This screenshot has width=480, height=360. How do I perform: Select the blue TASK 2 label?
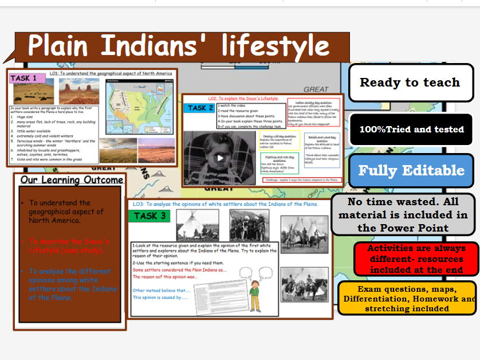click(200, 108)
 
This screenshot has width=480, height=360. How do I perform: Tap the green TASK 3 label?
click(149, 216)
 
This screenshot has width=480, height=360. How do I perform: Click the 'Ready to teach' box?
click(410, 83)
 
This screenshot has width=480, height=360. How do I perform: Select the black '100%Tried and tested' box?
click(411, 130)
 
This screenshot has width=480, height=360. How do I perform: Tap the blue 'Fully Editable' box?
click(411, 170)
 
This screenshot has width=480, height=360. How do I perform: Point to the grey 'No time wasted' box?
click(403, 214)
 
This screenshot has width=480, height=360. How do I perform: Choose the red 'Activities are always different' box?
click(415, 259)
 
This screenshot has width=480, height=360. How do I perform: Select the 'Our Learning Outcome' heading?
click(71, 180)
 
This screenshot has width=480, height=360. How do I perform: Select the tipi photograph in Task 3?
click(197, 225)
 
